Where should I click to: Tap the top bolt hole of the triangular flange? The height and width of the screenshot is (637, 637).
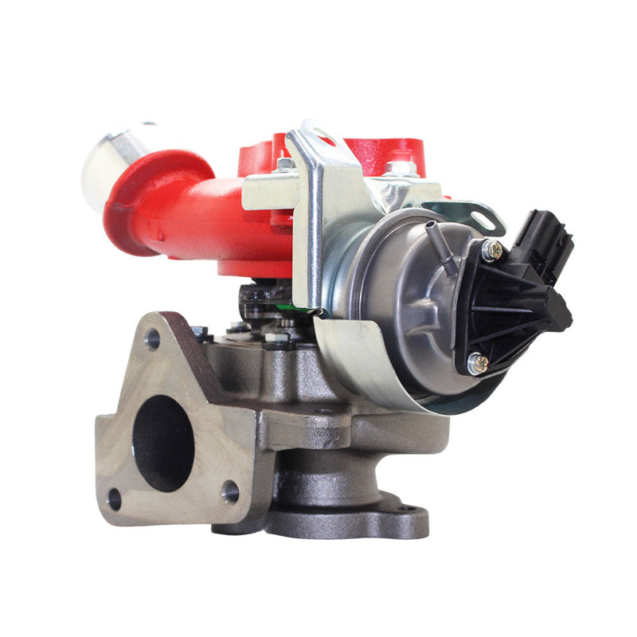(152, 339)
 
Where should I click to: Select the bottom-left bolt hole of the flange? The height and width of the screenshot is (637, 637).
(114, 499)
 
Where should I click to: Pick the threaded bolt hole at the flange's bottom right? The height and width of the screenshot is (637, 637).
(230, 490)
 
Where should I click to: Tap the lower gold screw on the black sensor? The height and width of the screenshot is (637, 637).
(478, 363)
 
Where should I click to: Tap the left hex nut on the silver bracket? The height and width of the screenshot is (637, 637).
(285, 166)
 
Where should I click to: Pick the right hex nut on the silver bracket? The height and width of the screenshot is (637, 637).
(401, 169)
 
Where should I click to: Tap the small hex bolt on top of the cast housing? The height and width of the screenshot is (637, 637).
(276, 338)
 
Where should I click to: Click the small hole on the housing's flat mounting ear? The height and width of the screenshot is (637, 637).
(322, 412)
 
